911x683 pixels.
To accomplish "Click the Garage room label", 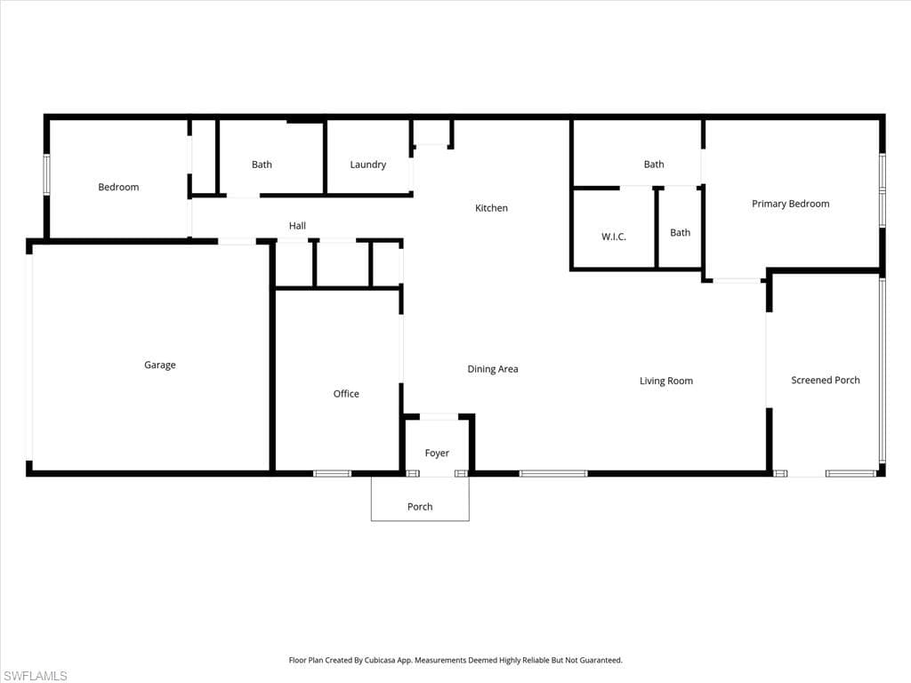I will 160,365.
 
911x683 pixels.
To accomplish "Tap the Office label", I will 346,394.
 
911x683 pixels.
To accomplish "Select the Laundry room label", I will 367,165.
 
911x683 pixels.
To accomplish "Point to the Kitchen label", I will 491,208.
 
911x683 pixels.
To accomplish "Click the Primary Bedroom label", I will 790,204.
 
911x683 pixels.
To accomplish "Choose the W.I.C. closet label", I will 614,237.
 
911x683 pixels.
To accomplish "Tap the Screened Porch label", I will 825,381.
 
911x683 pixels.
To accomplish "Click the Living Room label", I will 665,382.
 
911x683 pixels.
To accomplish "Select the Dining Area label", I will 492,369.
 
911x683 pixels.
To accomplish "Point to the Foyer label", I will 437,454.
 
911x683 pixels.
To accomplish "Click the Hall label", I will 297,226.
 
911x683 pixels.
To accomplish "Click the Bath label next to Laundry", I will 262,165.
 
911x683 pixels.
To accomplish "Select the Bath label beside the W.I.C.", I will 680,233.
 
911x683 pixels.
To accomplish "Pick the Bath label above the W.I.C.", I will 654,165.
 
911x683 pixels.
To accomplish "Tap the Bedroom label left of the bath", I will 118,188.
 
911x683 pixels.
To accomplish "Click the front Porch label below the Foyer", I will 420,507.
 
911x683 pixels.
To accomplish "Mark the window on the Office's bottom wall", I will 332,473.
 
